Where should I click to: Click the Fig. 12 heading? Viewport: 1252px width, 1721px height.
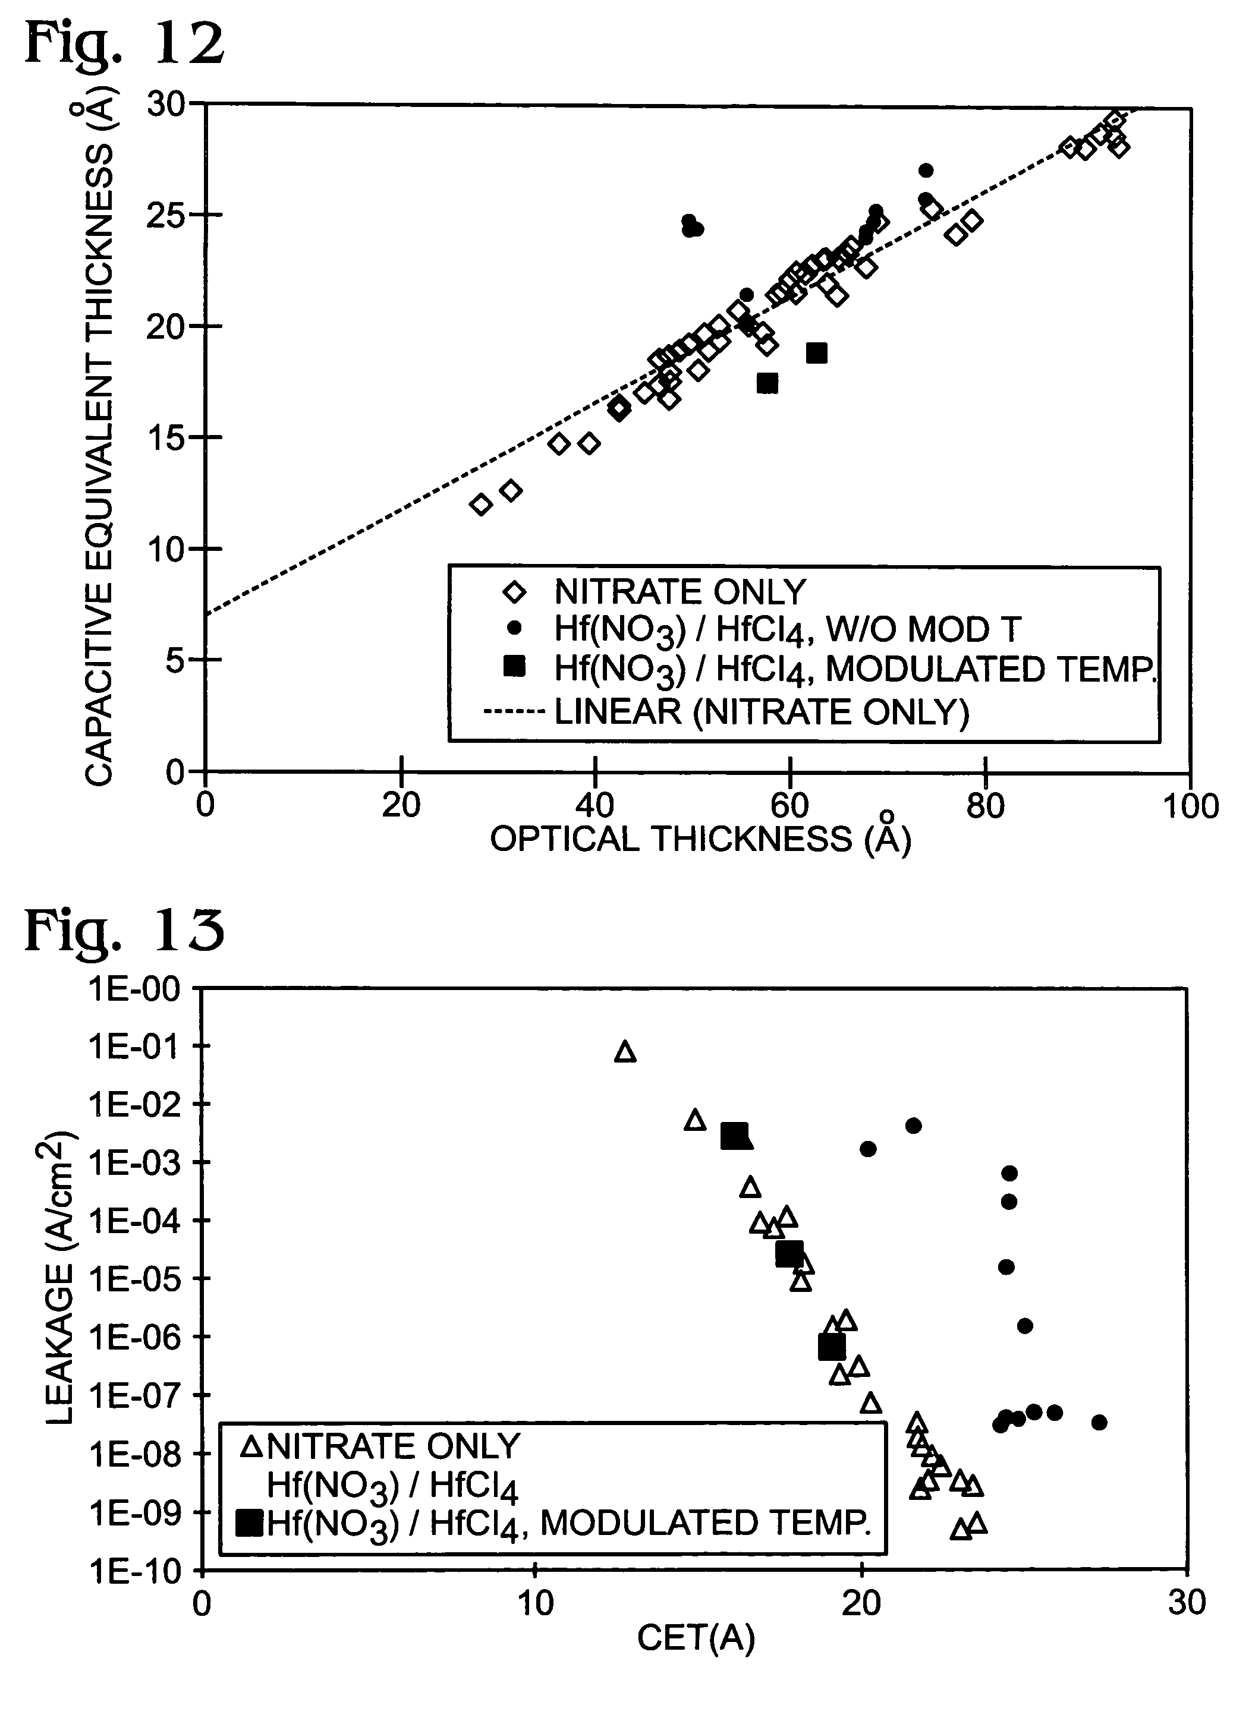(125, 44)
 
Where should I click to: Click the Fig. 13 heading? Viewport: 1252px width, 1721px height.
(125, 930)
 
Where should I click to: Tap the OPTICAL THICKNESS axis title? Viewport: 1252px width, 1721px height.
(700, 839)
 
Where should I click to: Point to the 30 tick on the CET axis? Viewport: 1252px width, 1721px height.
(1187, 1603)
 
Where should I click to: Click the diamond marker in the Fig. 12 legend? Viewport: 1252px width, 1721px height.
(515, 592)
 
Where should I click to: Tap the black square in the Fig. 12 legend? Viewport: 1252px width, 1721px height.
(515, 667)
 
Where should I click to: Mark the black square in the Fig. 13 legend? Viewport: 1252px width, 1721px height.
(249, 1523)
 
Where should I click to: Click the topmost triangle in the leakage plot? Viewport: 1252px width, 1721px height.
(625, 1051)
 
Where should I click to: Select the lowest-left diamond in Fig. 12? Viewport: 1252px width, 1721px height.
(480, 505)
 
